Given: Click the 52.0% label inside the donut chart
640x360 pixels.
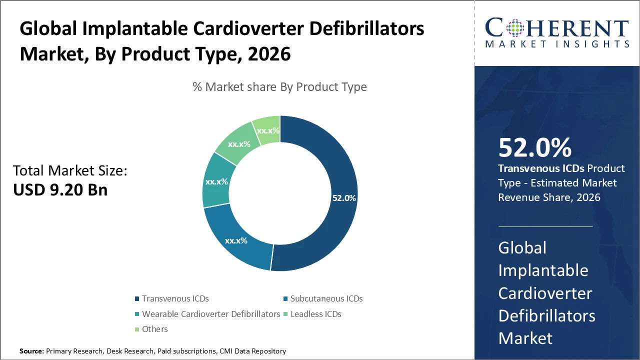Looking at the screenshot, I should click(344, 198).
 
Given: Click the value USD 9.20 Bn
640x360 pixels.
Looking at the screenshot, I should click(60, 189).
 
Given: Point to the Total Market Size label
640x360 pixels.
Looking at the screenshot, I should click(70, 171).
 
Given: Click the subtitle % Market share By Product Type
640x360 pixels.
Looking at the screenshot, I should click(279, 87).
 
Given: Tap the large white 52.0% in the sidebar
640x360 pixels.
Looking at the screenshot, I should click(534, 148).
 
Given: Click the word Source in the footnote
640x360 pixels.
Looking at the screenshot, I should click(31, 351).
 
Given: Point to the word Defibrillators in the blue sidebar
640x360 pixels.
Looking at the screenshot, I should click(546, 315).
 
